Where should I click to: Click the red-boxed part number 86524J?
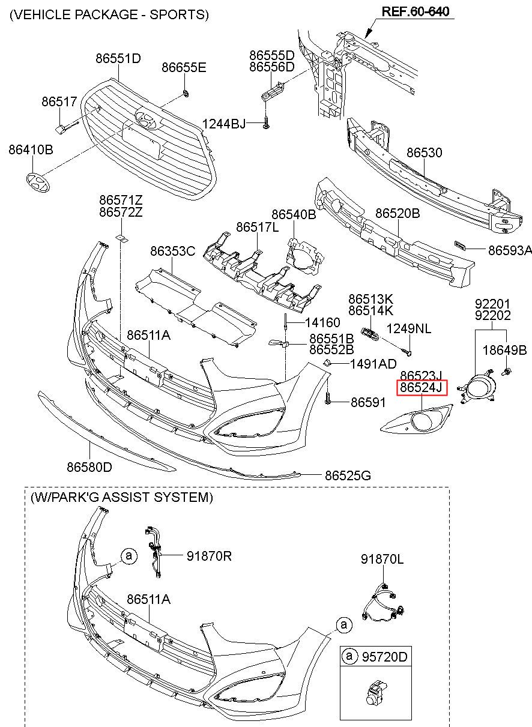pos(422,388)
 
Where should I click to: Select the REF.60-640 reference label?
pos(416,11)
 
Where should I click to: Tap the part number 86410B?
pos(31,149)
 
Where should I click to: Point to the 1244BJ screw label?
pos(224,124)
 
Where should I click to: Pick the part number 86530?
pos(425,152)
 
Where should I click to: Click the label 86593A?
pos(510,250)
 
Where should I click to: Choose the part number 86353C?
pos(173,251)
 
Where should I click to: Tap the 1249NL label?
pos(409,329)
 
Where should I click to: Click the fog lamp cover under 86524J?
pos(417,419)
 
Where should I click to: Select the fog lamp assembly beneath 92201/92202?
pos(477,386)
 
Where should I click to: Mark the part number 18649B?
pos(505,350)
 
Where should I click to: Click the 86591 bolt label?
pos(369,402)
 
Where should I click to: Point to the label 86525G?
pos(348,475)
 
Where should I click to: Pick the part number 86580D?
pos(89,467)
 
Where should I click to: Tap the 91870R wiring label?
pos(209,556)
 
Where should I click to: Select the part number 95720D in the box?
pos(384,657)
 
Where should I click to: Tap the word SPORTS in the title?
pos(178,14)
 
